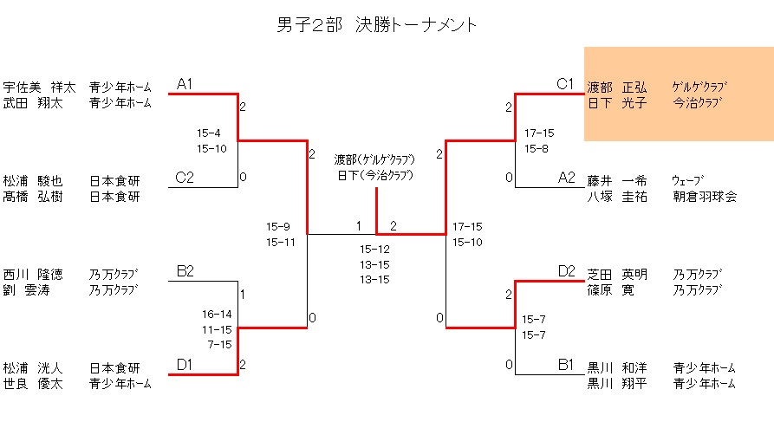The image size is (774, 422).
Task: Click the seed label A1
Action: (x=185, y=84)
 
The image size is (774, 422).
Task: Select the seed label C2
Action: (x=185, y=178)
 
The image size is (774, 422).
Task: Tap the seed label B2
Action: (x=185, y=271)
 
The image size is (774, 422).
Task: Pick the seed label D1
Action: (x=185, y=365)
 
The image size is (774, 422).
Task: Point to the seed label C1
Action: (x=565, y=84)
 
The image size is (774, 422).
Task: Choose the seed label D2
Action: (x=566, y=271)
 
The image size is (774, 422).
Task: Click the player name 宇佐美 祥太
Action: (x=39, y=87)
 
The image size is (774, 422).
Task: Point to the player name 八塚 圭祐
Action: (x=617, y=197)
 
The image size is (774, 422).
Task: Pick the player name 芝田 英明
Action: (x=617, y=274)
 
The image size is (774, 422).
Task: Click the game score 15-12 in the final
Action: (x=375, y=249)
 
